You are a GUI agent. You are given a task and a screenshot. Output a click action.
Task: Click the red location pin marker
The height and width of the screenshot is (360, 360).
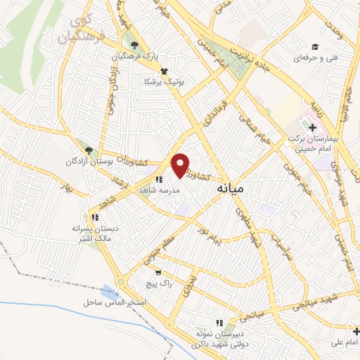point(181,165)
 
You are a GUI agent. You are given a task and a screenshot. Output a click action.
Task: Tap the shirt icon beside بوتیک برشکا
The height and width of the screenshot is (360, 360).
point(164,70)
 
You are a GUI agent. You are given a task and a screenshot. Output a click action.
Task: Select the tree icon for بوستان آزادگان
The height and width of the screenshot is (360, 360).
point(89,150)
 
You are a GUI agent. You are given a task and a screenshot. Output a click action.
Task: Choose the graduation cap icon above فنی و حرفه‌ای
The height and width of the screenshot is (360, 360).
point(316,46)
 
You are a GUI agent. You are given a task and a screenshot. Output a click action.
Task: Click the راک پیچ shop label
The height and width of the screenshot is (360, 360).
point(155,283)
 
